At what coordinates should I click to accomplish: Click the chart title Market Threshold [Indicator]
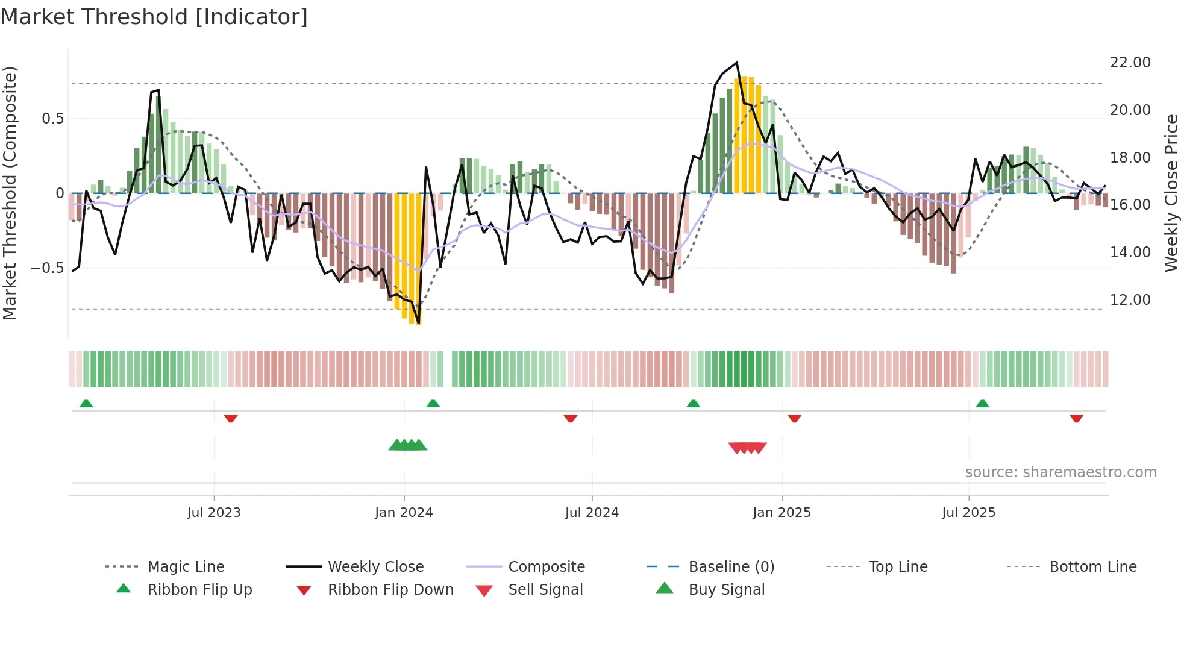pyautogui.click(x=154, y=17)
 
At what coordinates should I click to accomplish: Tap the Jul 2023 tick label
pyautogui.click(x=214, y=513)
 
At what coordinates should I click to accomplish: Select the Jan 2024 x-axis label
pyautogui.click(x=404, y=513)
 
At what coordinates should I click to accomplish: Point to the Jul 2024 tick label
pyautogui.click(x=592, y=513)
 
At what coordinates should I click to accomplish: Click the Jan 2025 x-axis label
pyautogui.click(x=782, y=513)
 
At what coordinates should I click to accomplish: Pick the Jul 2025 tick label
pyautogui.click(x=969, y=513)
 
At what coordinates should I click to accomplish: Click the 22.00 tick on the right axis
pyautogui.click(x=1130, y=63)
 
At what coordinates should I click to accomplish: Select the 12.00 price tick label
pyautogui.click(x=1130, y=300)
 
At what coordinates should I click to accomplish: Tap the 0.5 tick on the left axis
pyautogui.click(x=52, y=119)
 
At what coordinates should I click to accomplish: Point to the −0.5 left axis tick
pyautogui.click(x=47, y=268)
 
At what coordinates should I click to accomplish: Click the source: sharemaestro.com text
pyautogui.click(x=1060, y=472)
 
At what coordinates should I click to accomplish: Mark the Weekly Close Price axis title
pyautogui.click(x=1171, y=193)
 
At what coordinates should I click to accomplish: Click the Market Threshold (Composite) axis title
pyautogui.click(x=10, y=193)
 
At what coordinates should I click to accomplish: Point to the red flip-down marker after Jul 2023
pyautogui.click(x=231, y=419)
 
